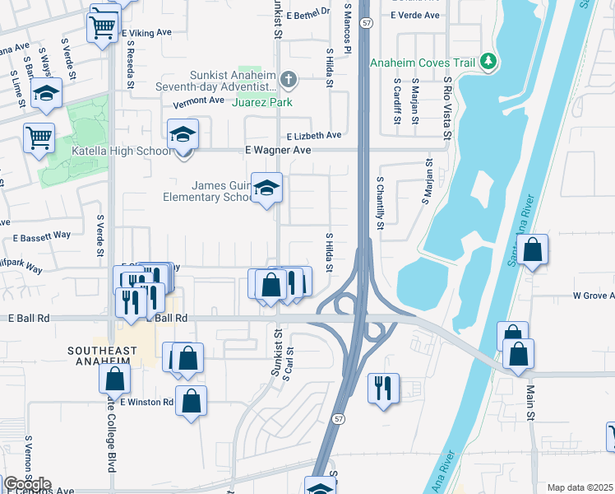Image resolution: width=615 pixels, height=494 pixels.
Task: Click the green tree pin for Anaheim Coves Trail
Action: tap(488, 62)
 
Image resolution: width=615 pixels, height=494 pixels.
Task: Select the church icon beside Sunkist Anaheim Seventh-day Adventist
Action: tap(287, 80)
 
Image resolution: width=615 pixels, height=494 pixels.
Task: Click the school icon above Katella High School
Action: tap(183, 134)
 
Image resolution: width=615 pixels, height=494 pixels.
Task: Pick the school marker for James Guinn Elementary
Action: tap(266, 189)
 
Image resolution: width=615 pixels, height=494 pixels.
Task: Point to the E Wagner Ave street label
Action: tap(278, 151)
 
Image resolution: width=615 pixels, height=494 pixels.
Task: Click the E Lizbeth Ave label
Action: tap(313, 135)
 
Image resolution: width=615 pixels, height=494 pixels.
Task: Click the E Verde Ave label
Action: tap(415, 16)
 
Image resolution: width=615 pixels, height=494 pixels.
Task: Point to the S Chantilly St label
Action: tap(380, 202)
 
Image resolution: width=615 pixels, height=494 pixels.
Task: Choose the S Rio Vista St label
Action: tap(447, 99)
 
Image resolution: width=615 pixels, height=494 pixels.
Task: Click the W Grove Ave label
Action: tap(589, 296)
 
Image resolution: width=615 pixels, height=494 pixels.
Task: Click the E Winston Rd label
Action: tap(146, 403)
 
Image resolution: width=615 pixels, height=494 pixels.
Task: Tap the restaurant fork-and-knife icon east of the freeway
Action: tap(383, 388)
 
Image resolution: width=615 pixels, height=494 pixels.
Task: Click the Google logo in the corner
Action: tap(27, 484)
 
